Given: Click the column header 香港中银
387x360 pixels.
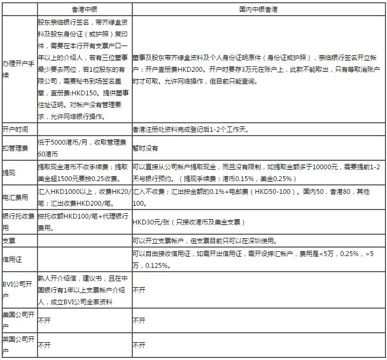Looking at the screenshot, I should (84, 10).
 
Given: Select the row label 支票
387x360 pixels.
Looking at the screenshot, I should (9, 241).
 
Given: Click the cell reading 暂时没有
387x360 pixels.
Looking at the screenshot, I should (146, 147).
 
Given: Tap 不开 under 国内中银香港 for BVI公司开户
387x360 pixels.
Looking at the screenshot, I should (139, 290).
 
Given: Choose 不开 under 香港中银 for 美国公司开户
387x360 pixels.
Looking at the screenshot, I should (44, 320).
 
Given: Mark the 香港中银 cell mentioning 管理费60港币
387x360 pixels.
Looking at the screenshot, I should (82, 147).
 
